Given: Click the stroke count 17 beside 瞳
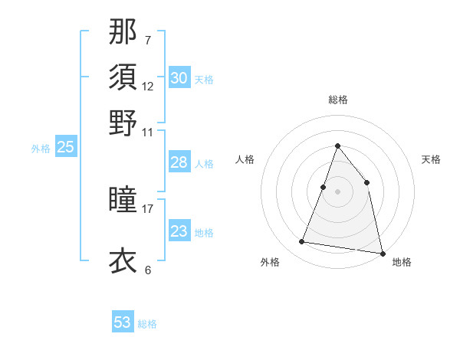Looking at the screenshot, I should pos(148,207).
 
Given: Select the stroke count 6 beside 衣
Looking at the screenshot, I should pos(148,270).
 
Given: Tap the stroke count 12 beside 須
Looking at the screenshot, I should pos(148,86).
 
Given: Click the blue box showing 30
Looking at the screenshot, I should pos(179,77).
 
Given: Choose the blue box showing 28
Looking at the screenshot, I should pos(179,162).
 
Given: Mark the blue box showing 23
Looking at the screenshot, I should pos(179,231).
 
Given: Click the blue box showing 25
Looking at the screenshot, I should pos(65,147).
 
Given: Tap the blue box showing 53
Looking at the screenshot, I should pos(123,322).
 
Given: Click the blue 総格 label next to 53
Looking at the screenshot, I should pos(147,324).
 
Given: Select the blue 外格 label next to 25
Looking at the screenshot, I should pos(41,149).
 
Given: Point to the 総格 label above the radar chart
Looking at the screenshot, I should pos(337,100).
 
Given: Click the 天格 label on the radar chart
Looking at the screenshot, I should pos(431,159).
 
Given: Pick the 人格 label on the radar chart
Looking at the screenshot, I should pos(245,159).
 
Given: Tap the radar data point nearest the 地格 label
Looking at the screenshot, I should pos(381,253).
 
